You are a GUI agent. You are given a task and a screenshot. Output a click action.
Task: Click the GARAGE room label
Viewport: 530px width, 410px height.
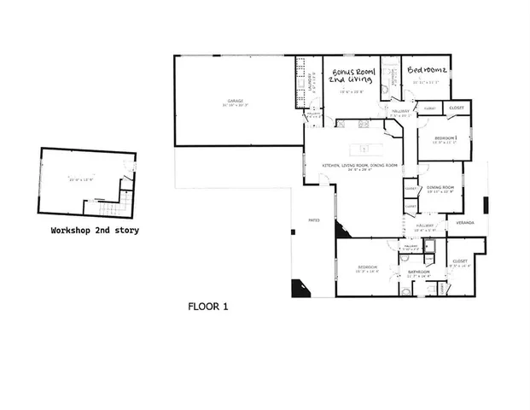tap(236, 102)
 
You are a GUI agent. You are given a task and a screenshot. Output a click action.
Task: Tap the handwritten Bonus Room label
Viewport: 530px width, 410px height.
tap(350, 74)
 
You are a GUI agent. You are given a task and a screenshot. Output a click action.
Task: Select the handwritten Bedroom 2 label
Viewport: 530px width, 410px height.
tap(428, 70)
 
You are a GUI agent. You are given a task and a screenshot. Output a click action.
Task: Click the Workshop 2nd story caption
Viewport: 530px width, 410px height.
tap(95, 231)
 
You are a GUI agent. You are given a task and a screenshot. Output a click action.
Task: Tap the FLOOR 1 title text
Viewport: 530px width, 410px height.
tap(207, 305)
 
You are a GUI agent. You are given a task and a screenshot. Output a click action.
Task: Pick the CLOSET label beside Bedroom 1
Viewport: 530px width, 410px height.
tap(457, 108)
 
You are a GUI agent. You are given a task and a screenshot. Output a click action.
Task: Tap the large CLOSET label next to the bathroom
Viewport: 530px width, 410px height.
tap(460, 261)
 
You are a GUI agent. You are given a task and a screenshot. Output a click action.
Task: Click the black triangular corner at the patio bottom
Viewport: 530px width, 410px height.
tap(298, 290)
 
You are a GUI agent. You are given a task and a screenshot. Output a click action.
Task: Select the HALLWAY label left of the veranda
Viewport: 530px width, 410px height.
tap(425, 226)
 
